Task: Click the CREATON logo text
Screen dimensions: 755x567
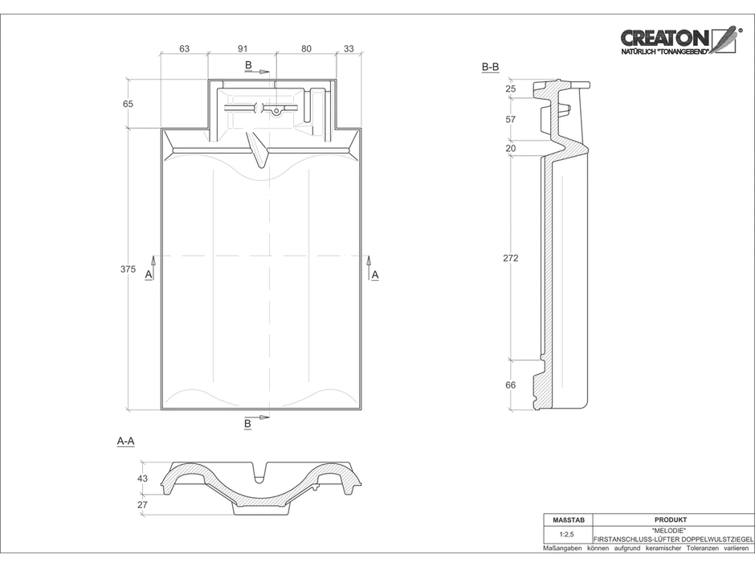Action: pos(664,38)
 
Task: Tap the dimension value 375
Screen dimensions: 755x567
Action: pos(128,269)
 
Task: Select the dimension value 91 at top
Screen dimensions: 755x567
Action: pos(243,49)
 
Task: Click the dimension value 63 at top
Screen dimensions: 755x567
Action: pos(184,49)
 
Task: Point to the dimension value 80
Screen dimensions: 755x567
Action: pos(306,49)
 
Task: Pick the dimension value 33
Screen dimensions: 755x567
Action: pos(349,49)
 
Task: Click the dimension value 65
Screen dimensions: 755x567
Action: pos(128,104)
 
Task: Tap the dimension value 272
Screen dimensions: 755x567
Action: pos(510,258)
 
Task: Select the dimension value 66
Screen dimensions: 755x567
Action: pos(510,384)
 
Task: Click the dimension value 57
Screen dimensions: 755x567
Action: pos(510,119)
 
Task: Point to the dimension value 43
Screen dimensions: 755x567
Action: pos(142,479)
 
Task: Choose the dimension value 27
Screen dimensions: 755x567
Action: pos(142,505)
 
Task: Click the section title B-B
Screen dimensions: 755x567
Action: pos(490,68)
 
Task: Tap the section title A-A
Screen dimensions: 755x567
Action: pos(125,442)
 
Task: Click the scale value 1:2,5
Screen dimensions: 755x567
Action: pos(566,534)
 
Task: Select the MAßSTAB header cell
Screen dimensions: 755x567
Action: pos(568,520)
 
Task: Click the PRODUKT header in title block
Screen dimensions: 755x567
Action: pos(671,520)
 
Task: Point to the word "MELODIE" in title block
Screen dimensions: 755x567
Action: pos(671,530)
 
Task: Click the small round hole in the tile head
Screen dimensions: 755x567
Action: pos(276,112)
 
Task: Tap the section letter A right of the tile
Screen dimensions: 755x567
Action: pos(375,275)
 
